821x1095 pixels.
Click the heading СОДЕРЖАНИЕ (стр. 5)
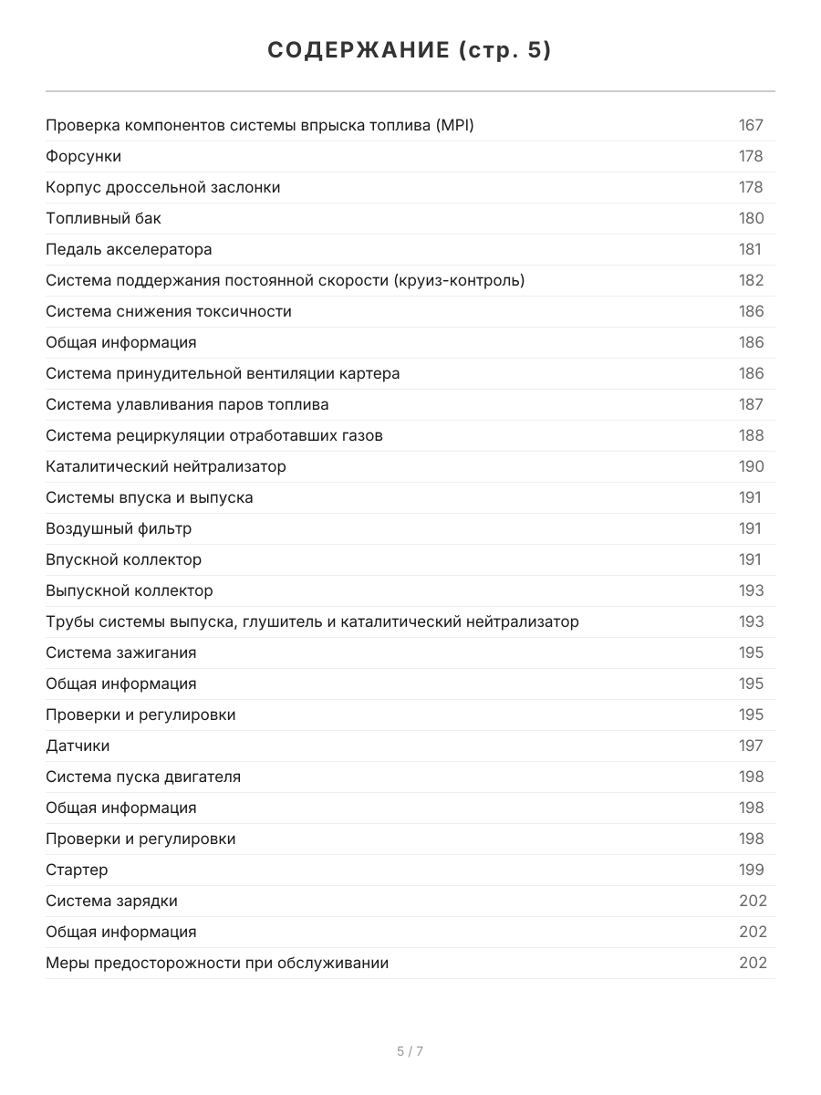pyautogui.click(x=410, y=51)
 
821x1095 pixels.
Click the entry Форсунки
pyautogui.click(x=84, y=156)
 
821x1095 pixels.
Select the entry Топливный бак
pyautogui.click(x=103, y=218)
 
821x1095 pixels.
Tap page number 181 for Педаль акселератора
pyautogui.click(x=750, y=249)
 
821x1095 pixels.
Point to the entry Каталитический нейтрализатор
pyautogui.click(x=166, y=466)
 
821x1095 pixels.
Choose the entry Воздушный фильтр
pyautogui.click(x=119, y=528)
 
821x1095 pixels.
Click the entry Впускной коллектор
pyautogui.click(x=124, y=559)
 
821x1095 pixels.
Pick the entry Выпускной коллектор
pyautogui.click(x=130, y=590)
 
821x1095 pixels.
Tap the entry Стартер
pyautogui.click(x=77, y=870)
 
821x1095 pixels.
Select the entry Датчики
pyautogui.click(x=78, y=746)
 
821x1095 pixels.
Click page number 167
pyautogui.click(x=751, y=125)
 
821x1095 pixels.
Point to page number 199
pyautogui.click(x=752, y=870)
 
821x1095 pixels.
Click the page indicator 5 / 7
pyautogui.click(x=410, y=1051)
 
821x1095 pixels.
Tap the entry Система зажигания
pyautogui.click(x=121, y=652)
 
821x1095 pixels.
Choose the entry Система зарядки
pyautogui.click(x=111, y=901)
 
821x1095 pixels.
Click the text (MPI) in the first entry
pyautogui.click(x=454, y=125)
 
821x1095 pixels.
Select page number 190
pyautogui.click(x=752, y=466)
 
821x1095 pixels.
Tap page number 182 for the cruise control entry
pyautogui.click(x=752, y=280)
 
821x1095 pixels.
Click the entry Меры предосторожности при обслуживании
pyautogui.click(x=217, y=963)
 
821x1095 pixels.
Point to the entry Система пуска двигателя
pyautogui.click(x=143, y=777)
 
